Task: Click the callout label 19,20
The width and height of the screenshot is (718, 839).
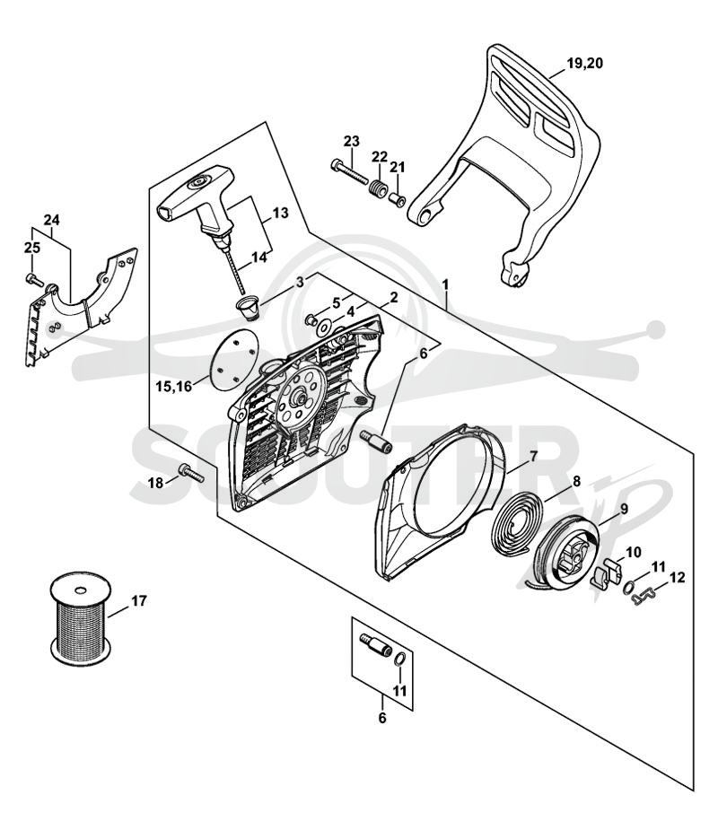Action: tap(585, 63)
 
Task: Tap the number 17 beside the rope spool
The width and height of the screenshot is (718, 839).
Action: tap(138, 601)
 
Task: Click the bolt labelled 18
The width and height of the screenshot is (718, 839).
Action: tap(191, 473)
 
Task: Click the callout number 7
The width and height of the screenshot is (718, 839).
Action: tap(533, 457)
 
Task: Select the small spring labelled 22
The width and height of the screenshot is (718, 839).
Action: tap(378, 189)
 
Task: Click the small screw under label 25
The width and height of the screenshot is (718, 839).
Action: tap(34, 278)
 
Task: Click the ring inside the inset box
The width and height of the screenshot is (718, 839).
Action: tap(400, 660)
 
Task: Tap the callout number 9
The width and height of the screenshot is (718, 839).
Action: tap(624, 510)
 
